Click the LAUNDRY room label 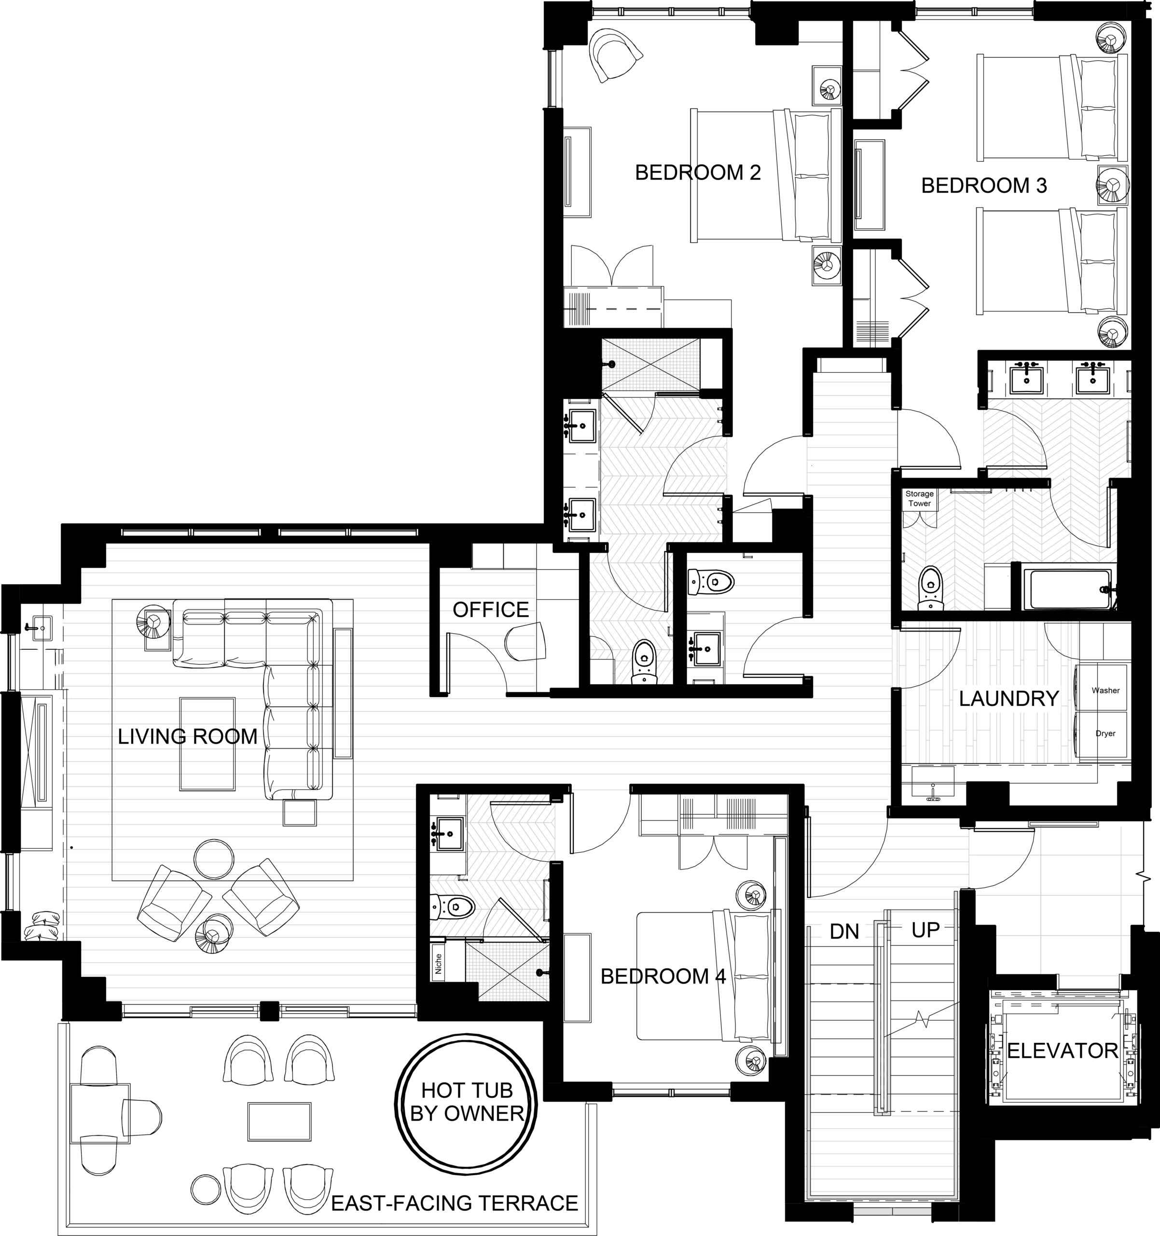coord(1008,698)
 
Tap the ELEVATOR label coord(1063,1051)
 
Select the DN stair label coord(844,931)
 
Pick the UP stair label coord(925,930)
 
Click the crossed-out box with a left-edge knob coord(650,365)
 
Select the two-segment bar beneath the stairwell coord(892,1211)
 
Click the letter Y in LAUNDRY coord(1052,698)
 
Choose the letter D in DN coord(836,931)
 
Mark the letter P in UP coord(933,930)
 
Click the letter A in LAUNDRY coord(979,698)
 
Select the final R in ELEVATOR coord(1112,1051)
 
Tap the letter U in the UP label coord(918,930)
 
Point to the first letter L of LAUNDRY coord(964,698)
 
